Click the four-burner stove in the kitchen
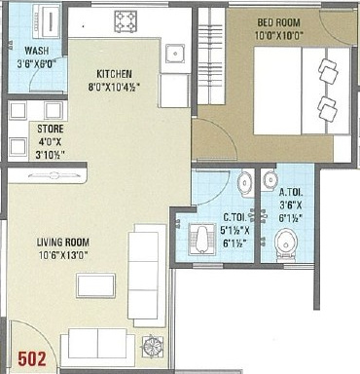[126, 21]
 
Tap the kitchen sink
[175, 53]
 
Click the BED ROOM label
[279, 22]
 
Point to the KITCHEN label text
[115, 74]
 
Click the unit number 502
[32, 359]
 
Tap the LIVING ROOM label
[63, 243]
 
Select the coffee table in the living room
[96, 285]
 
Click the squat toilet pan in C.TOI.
[201, 240]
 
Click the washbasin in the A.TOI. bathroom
[270, 179]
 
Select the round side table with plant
[153, 347]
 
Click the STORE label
[51, 129]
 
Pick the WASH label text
[37, 51]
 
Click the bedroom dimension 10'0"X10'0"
[279, 35]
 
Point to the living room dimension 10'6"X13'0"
[63, 255]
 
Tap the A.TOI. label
[291, 193]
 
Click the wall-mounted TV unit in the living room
[48, 176]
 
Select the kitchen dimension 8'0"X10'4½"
[115, 88]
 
